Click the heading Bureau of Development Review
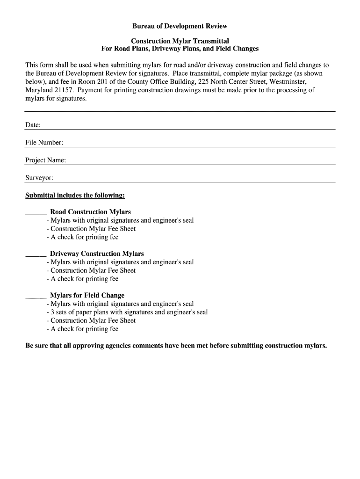point(180,26)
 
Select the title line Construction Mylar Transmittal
point(180,41)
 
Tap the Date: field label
point(33,125)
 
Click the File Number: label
point(44,143)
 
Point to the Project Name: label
point(45,160)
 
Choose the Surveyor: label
point(39,178)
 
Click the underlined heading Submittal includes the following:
point(75,195)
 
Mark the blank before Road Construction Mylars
point(36,212)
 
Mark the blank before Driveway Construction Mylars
point(36,254)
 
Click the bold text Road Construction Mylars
point(90,212)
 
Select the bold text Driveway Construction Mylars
point(97,254)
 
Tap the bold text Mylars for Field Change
point(87,295)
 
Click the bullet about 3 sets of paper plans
point(127,312)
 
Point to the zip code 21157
point(65,90)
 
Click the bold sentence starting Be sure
point(176,346)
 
